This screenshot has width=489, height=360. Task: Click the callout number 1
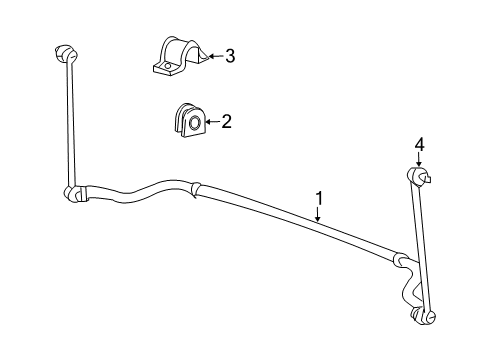(319, 197)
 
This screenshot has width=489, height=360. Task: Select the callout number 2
(227, 122)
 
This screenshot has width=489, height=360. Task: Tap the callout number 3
(230, 56)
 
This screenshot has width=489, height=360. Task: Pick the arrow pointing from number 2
(211, 122)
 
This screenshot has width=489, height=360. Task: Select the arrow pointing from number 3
(213, 57)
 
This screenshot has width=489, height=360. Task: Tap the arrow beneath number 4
(420, 161)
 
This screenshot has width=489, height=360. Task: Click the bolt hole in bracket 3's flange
(165, 68)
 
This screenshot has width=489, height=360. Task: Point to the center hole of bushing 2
(194, 123)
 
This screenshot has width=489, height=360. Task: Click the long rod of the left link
(69, 120)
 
